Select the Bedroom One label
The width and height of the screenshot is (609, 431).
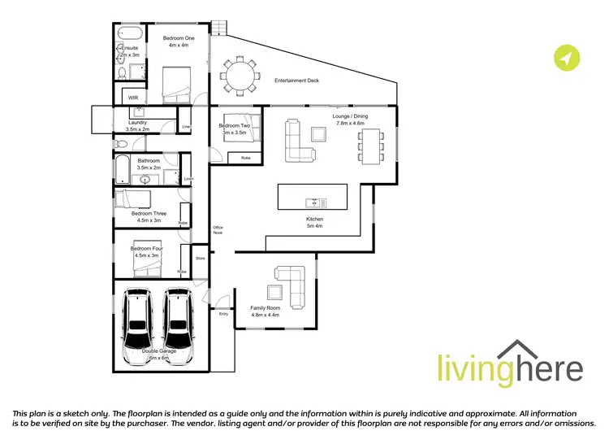coord(177,41)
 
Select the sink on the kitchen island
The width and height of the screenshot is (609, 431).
coord(312,202)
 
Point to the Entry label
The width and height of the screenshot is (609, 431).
coord(223,313)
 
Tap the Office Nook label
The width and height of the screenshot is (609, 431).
coord(218,229)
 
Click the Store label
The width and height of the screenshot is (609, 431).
coord(200,259)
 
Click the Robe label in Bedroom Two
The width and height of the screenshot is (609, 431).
coord(244,157)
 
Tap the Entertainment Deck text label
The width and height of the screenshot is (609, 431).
coord(296,81)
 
